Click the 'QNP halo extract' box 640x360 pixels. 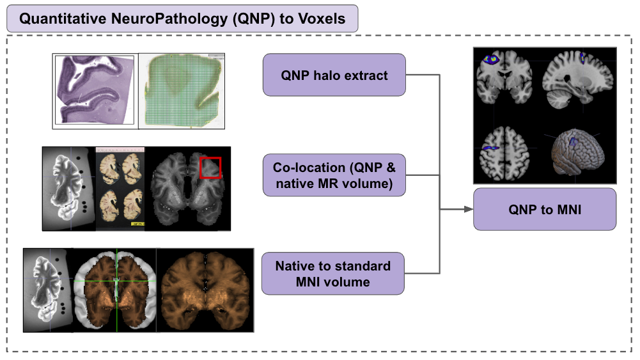pyautogui.click(x=334, y=75)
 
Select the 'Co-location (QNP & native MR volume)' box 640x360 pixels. pyautogui.click(x=334, y=176)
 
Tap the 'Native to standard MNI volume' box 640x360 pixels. pyautogui.click(x=334, y=273)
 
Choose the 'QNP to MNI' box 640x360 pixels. pyautogui.click(x=544, y=208)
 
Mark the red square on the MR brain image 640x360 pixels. pyautogui.click(x=210, y=167)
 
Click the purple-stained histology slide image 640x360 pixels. pyautogui.click(x=95, y=90)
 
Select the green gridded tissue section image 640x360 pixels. pyautogui.click(x=182, y=90)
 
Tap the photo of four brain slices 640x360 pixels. pyautogui.click(x=120, y=188)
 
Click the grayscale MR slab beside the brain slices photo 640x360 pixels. pyautogui.click(x=69, y=188)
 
